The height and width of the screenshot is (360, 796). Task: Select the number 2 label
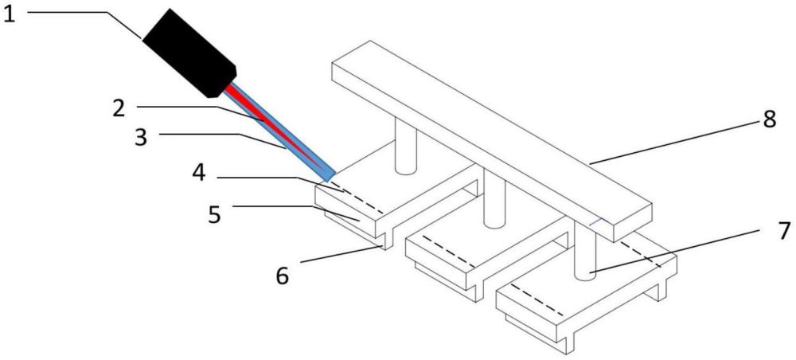[119, 108]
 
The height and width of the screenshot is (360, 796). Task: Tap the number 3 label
[141, 137]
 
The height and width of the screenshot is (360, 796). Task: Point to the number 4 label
[199, 173]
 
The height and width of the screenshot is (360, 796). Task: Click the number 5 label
[215, 214]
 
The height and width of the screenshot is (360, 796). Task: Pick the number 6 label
[283, 276]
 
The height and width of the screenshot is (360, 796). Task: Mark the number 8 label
[769, 120]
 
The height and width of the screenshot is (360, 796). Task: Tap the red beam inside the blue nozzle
[274, 127]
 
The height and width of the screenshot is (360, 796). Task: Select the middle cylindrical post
[494, 198]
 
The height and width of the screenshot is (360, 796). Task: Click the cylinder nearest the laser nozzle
[405, 147]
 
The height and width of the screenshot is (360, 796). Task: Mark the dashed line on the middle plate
[449, 252]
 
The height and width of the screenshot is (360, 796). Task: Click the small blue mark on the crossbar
[595, 222]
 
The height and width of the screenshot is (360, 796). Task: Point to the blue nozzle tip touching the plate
[328, 177]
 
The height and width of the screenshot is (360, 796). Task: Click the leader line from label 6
[341, 254]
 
